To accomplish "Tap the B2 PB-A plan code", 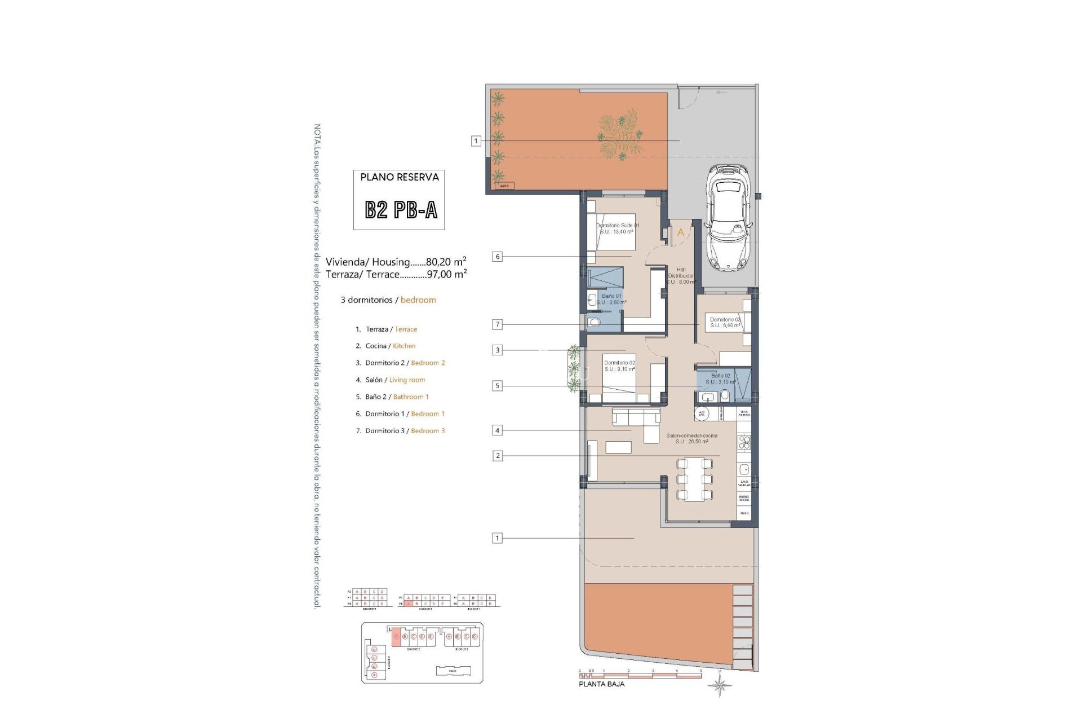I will (401, 210).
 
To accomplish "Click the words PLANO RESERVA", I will (400, 177).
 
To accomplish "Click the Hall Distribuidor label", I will (681, 276).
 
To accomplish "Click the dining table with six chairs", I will (694, 479).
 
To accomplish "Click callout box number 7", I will (497, 324).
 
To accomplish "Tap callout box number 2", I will (497, 456).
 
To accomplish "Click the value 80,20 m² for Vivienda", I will (446, 262).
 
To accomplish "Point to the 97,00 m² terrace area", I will (446, 274).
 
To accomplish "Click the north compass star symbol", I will (720, 686).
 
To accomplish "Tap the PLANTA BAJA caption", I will (602, 684).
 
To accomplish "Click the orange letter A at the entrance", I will (680, 232).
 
